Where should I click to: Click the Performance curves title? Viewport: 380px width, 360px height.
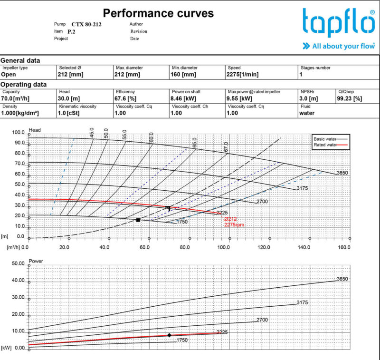[x=158, y=13]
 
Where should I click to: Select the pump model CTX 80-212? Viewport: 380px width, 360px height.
[x=86, y=24]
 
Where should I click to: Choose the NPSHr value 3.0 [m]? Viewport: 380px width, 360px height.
[x=309, y=98]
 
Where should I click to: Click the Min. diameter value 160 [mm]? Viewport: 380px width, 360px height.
[x=183, y=74]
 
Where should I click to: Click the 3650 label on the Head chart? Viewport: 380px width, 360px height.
[x=342, y=173]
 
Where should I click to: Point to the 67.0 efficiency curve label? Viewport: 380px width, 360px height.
[x=226, y=147]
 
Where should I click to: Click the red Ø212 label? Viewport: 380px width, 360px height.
[x=230, y=219]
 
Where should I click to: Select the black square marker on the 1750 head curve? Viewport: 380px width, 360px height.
[x=138, y=220]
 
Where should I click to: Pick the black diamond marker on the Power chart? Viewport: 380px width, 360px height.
[x=169, y=335]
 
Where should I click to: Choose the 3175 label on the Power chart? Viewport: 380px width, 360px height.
[x=303, y=302]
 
